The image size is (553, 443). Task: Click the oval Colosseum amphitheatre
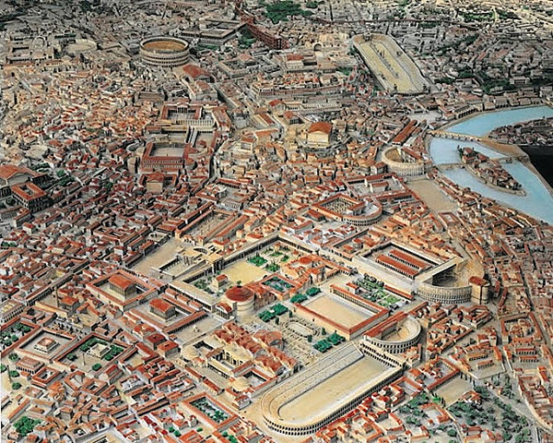point(165,50)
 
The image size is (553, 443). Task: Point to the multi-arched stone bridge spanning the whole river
point(459,137)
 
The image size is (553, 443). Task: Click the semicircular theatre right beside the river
point(404,163)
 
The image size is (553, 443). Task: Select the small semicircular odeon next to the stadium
point(396,334)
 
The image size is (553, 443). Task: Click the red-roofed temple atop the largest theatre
point(477,289)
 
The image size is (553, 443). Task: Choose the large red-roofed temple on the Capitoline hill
point(318,133)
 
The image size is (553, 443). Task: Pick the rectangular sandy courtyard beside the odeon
point(337,311)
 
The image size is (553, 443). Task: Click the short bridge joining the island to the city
point(449,165)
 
